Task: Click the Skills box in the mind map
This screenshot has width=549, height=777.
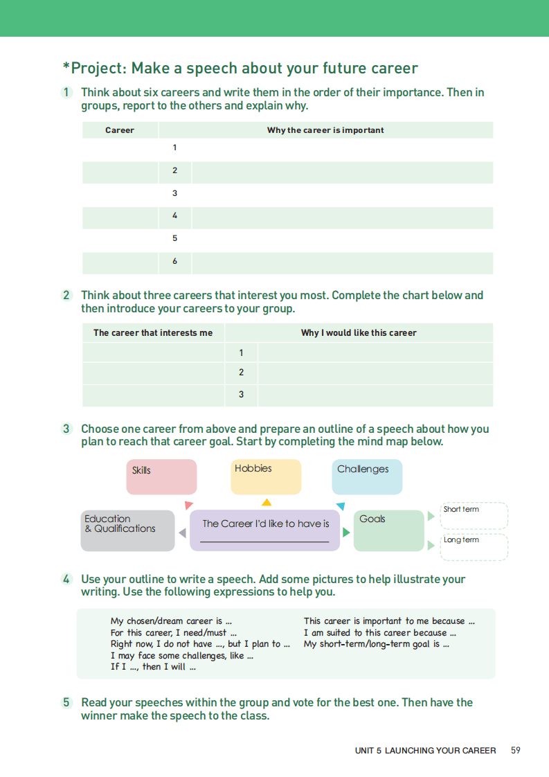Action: [x=161, y=477]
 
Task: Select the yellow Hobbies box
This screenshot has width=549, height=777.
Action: [x=266, y=477]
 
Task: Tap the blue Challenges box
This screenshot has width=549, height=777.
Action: [x=367, y=477]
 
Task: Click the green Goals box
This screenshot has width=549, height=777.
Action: [x=388, y=530]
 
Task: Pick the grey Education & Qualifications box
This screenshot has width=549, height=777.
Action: [x=127, y=530]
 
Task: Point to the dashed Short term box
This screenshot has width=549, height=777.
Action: [x=474, y=516]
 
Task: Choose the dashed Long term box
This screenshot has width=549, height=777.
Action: [x=474, y=546]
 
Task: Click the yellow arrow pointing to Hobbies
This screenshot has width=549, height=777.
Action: [x=267, y=503]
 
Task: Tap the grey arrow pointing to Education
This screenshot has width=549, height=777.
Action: [x=182, y=533]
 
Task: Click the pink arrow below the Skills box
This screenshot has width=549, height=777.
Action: [x=188, y=505]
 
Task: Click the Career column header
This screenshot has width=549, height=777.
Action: [x=120, y=130]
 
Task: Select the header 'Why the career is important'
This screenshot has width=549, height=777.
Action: [x=325, y=130]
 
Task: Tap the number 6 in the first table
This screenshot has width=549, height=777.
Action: [x=175, y=261]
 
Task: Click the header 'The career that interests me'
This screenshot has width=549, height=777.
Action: [x=153, y=333]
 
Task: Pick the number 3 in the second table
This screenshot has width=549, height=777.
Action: [x=241, y=395]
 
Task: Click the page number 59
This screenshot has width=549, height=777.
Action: [x=515, y=750]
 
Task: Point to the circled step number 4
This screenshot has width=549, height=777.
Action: [x=66, y=579]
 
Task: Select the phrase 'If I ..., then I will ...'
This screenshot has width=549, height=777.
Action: [x=153, y=667]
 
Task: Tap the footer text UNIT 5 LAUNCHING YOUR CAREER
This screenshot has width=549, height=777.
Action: [x=425, y=751]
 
